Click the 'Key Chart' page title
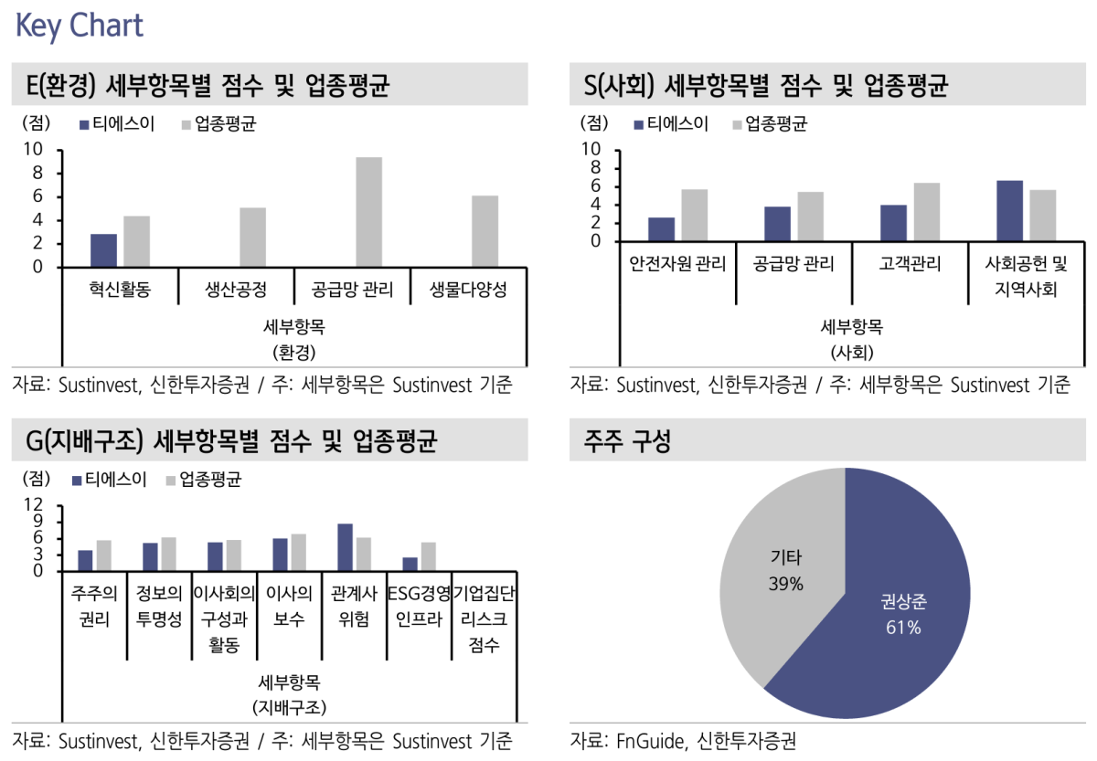[x=80, y=26]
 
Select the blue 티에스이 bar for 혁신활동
[x=103, y=250]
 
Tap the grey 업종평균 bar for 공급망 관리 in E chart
[x=368, y=212]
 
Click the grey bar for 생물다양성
[x=485, y=231]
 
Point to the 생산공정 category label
[x=236, y=291]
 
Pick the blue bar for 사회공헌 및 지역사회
[x=1009, y=211]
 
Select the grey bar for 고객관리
[x=926, y=212]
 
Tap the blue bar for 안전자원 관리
[x=661, y=229]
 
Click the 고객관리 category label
[x=909, y=265]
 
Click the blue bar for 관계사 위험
[x=345, y=547]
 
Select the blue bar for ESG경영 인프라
[x=410, y=564]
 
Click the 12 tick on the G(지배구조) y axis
[x=34, y=504]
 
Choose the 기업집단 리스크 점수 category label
[x=484, y=619]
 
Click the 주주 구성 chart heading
[x=627, y=444]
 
